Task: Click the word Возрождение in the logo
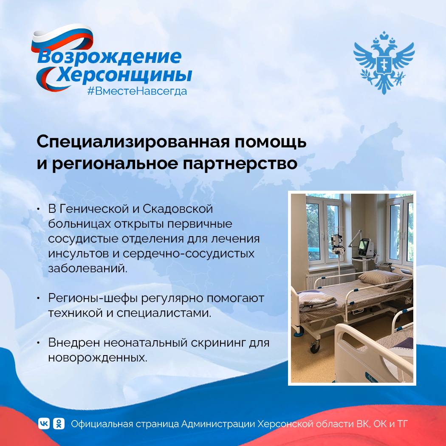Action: pos(109,57)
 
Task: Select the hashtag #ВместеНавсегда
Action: pos(137,91)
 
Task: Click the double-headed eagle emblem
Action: pos(384,62)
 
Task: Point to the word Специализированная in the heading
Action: pos(133,142)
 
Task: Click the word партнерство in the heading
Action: pos(240,164)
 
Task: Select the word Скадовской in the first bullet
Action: pos(178,209)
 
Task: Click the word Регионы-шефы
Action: pos(93,298)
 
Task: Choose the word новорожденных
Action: pos(98,358)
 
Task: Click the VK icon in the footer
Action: pos(44,423)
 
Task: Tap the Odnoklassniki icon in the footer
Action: pos(59,423)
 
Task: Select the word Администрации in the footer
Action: pos(218,424)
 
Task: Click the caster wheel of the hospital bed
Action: pos(314,347)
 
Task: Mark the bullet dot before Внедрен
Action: pos(38,343)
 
